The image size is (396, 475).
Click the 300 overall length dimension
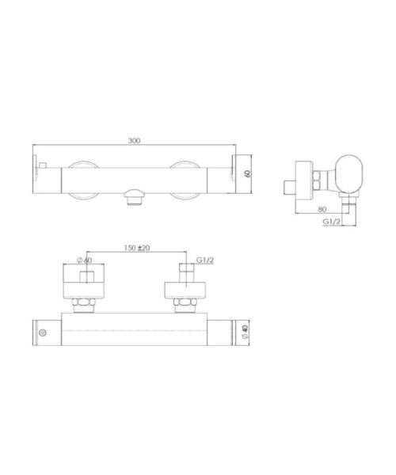(134, 141)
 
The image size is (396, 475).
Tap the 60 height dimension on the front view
(248, 173)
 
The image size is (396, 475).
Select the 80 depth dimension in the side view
(322, 209)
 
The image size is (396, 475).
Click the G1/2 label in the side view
(332, 222)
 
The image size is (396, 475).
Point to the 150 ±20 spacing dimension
(137, 248)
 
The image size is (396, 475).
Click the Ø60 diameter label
(85, 260)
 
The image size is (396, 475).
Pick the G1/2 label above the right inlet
(205, 260)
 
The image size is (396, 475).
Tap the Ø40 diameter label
(245, 332)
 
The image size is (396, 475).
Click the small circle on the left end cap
(43, 332)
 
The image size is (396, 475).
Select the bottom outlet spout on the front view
(133, 197)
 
